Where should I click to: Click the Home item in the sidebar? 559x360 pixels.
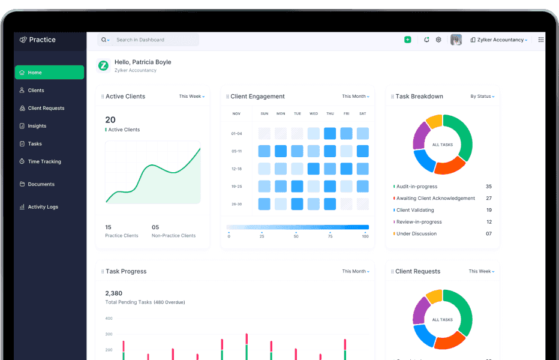(49, 73)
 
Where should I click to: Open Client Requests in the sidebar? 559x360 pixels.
(46, 108)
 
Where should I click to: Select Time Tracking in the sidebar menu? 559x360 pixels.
(44, 161)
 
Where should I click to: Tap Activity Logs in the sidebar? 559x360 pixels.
(43, 207)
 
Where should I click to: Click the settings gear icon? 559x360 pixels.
(438, 40)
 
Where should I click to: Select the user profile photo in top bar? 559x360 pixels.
(456, 40)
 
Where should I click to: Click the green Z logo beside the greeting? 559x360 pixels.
(103, 65)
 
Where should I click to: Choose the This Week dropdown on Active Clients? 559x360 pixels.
(192, 96)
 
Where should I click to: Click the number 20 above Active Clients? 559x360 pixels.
(110, 120)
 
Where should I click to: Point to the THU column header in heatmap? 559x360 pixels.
(330, 113)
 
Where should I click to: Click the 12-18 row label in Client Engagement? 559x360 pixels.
(236, 169)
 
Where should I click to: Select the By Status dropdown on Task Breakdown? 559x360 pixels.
(482, 96)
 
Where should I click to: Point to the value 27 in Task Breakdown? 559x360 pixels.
(489, 198)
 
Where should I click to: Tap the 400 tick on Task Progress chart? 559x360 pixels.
(109, 319)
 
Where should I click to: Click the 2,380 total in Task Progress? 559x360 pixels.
(113, 293)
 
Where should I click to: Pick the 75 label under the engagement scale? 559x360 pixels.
(330, 236)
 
